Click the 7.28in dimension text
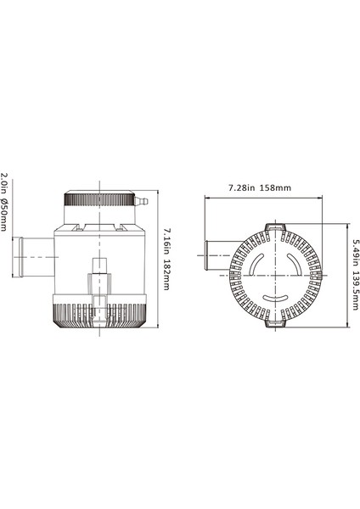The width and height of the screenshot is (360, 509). [242, 186]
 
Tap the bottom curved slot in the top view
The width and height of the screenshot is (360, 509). [275, 299]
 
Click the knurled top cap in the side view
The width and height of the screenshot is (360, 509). [101, 202]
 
